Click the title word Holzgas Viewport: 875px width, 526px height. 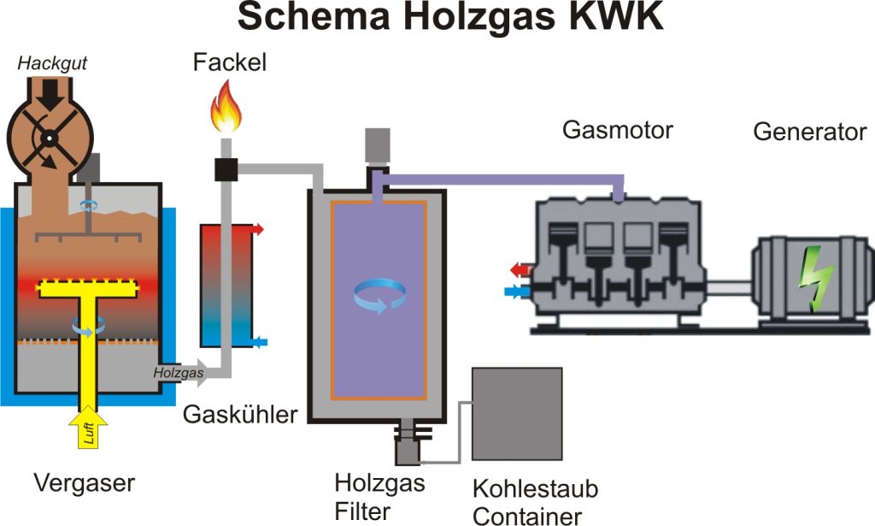tap(479, 18)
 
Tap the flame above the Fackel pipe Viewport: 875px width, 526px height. tap(226, 106)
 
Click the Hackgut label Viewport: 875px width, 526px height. tap(52, 63)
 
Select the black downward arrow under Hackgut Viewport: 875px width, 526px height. tap(50, 94)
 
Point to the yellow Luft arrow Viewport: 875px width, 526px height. tap(88, 428)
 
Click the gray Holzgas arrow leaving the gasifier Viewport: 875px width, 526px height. tap(179, 372)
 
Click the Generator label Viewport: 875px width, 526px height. tap(810, 133)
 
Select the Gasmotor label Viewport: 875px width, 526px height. tap(617, 130)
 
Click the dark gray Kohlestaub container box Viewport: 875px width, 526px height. tap(517, 414)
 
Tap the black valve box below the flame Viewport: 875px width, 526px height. tap(226, 169)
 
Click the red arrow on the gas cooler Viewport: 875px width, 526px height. tap(257, 229)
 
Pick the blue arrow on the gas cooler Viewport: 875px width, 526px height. tap(260, 342)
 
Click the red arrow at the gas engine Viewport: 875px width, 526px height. tap(520, 270)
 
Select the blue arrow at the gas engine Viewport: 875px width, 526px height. tap(517, 292)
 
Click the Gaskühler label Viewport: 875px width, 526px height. tap(240, 415)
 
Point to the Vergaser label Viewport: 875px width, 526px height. tap(85, 483)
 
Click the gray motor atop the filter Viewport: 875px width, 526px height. tap(377, 145)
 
